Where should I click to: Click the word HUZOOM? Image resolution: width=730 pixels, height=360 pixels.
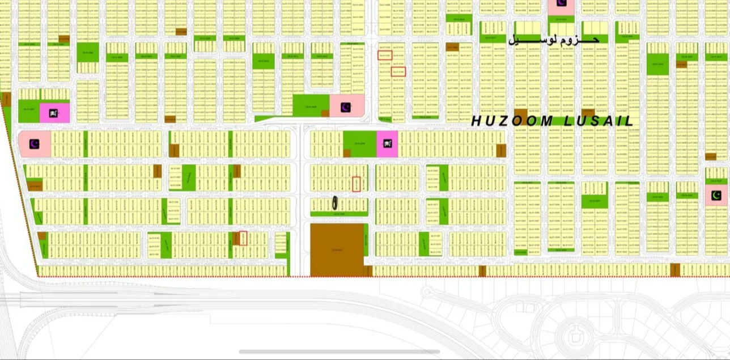click(x=512, y=121)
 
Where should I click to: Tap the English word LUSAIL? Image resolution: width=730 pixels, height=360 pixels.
click(x=600, y=121)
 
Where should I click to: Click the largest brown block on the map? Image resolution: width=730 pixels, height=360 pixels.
click(x=337, y=250)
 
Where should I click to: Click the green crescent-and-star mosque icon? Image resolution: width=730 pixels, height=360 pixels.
click(x=716, y=196)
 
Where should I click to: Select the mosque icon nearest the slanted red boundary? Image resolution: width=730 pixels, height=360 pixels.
click(x=35, y=145)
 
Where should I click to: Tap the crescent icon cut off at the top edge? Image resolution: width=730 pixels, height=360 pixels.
click(x=561, y=3)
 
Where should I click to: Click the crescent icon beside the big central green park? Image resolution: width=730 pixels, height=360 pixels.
click(x=346, y=107)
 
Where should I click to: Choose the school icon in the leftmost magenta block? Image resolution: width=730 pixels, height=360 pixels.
click(x=54, y=113)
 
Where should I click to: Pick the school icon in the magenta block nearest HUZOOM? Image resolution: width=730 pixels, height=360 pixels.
click(x=388, y=142)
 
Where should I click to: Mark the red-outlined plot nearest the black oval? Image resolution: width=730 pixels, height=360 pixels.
click(x=356, y=184)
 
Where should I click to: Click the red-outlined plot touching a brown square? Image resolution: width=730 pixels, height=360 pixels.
click(x=243, y=238)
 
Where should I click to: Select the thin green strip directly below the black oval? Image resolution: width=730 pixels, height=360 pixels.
click(x=338, y=214)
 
